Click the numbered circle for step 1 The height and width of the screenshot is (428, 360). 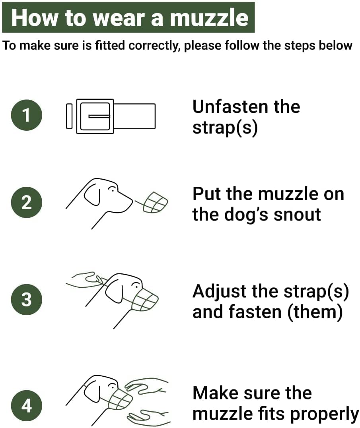click(27, 115)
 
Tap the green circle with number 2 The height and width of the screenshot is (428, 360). click(27, 202)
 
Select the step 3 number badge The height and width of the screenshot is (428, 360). click(27, 299)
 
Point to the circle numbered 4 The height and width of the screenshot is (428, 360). click(27, 405)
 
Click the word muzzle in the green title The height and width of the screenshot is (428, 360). click(209, 18)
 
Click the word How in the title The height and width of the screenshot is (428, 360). click(35, 18)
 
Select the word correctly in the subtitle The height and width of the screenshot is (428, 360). click(153, 46)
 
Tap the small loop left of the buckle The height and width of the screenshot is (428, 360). click(69, 116)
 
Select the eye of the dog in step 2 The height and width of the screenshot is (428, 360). click(111, 189)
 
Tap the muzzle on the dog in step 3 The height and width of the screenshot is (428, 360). click(144, 300)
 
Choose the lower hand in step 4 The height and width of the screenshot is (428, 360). click(148, 416)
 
